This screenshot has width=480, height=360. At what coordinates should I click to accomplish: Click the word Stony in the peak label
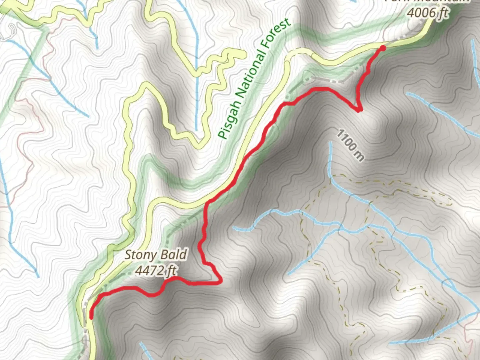[x=139, y=255]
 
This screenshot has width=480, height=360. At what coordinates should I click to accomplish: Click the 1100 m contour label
[x=350, y=145]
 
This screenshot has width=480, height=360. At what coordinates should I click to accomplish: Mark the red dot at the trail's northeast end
[x=383, y=48]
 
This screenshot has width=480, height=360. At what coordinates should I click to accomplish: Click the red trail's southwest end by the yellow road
[x=91, y=317]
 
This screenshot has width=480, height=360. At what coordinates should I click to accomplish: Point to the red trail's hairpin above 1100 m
[x=359, y=110]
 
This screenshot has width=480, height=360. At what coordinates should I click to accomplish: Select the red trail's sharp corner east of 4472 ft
[x=221, y=282]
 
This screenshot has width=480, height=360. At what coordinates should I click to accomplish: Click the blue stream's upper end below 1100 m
[x=330, y=143]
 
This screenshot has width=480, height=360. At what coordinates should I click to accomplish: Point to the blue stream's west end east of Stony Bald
[x=234, y=228]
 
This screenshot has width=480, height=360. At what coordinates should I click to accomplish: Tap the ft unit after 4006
[x=443, y=13]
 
